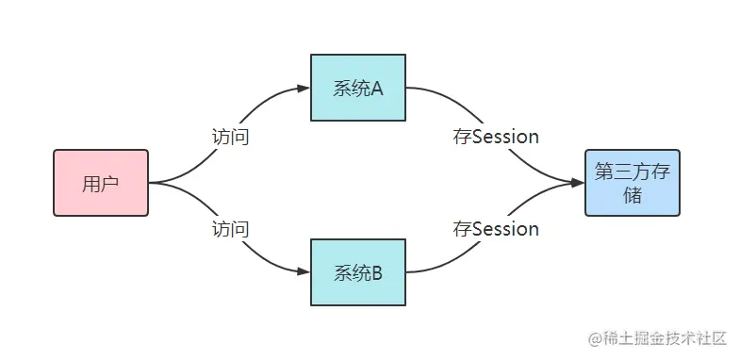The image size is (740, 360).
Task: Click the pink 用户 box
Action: (x=101, y=183)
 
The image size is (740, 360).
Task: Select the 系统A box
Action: (x=358, y=89)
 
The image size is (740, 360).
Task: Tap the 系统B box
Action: (x=358, y=272)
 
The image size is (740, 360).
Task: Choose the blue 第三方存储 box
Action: (x=632, y=183)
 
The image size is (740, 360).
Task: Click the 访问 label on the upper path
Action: (x=230, y=137)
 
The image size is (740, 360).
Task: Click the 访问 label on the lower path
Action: (x=230, y=228)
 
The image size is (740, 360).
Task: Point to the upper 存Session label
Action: (x=496, y=137)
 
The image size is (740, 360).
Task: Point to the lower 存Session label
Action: (x=496, y=228)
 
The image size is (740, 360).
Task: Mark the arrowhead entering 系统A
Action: (x=304, y=89)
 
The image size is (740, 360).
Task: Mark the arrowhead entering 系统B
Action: (x=304, y=272)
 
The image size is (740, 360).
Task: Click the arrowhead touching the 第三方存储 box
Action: (x=577, y=183)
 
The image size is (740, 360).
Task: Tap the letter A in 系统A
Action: (x=376, y=89)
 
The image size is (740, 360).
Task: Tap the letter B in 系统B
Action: (x=376, y=273)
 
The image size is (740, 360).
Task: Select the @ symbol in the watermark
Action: (x=596, y=337)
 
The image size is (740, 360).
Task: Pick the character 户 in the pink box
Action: (x=110, y=184)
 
